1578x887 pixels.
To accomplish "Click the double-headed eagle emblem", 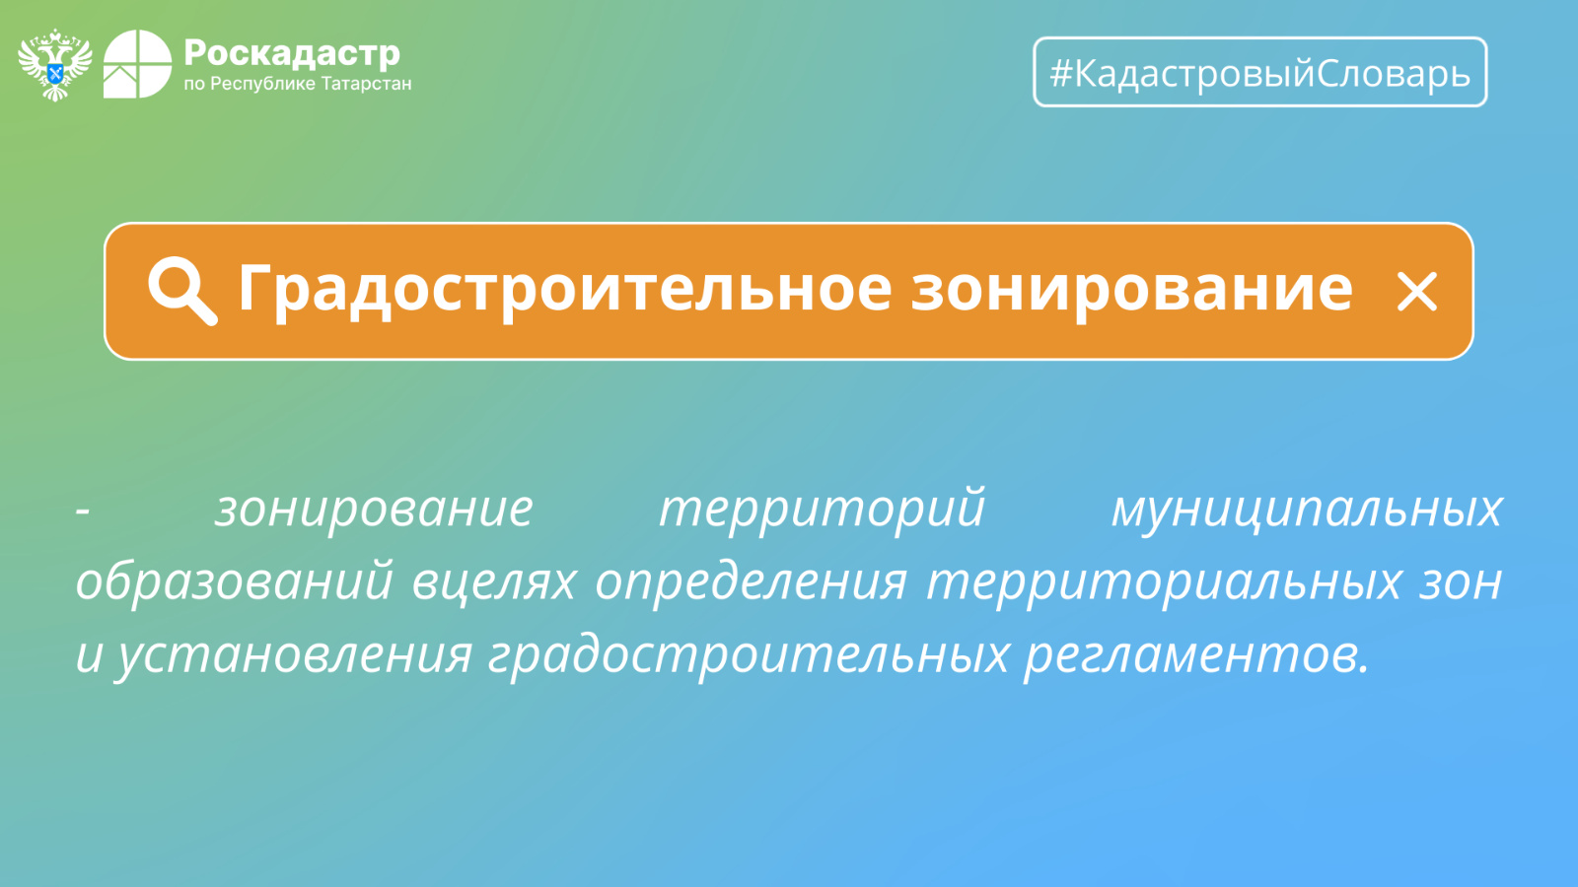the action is [x=55, y=65].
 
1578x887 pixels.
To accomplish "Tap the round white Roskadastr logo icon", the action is [x=137, y=64].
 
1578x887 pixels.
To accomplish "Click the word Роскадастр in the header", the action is [x=292, y=53].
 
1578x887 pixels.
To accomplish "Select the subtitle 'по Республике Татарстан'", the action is [x=297, y=84].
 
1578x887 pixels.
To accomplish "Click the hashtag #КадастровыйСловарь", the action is [x=1260, y=73].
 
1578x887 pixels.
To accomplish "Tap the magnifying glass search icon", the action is [x=181, y=291].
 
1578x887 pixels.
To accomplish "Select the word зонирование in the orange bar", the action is [x=1131, y=289].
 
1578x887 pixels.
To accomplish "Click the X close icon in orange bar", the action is [x=1416, y=292].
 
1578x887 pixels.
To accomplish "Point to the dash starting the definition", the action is [x=83, y=511].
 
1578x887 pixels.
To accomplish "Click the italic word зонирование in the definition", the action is [x=374, y=509].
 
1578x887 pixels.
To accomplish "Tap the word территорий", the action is [x=823, y=510].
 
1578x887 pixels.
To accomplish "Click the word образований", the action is [x=234, y=581].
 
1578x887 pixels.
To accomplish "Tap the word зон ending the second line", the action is [x=1461, y=582].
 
